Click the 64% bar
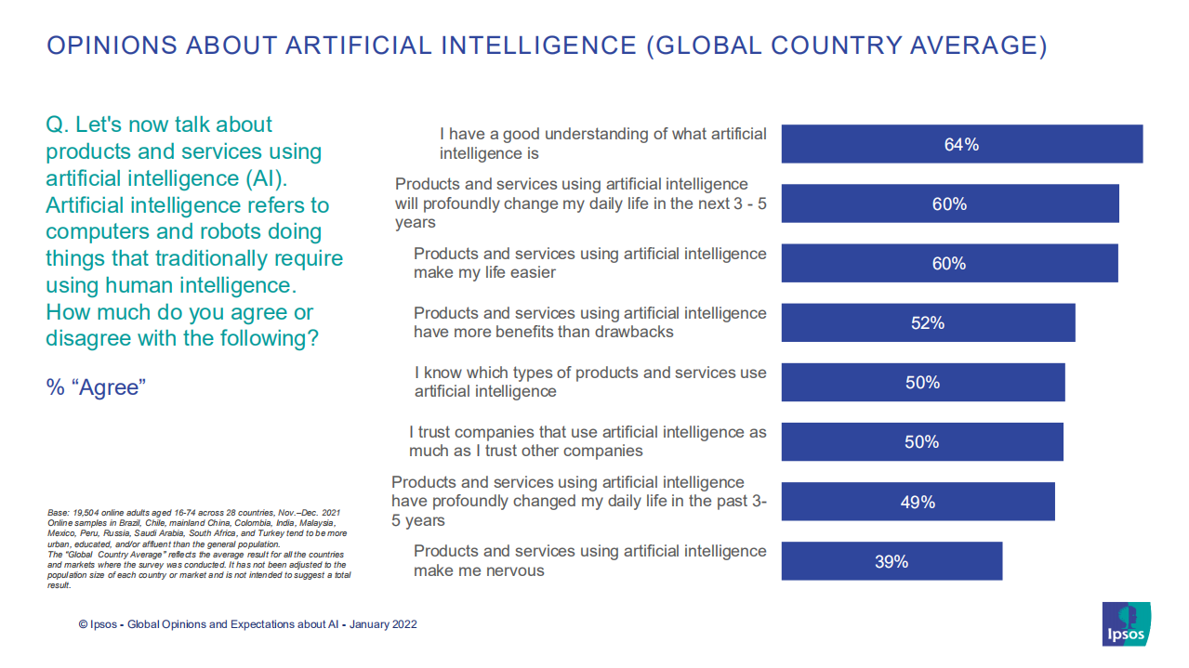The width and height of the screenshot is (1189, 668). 961,144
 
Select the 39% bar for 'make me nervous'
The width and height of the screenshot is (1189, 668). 891,561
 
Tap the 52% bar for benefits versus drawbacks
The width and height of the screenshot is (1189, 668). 927,322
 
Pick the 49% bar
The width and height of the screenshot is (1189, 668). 917,502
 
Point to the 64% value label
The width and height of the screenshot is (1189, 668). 961,145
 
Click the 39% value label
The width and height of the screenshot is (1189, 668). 891,562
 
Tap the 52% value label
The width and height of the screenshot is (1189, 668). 927,323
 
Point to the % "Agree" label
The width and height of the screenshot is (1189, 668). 97,387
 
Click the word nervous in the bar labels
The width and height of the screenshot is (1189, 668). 510,570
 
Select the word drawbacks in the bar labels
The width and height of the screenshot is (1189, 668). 635,332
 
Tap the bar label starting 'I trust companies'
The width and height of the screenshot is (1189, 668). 588,441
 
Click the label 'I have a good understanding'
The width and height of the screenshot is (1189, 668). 602,143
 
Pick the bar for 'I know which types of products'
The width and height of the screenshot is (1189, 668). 922,383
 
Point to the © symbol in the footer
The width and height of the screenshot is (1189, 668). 83,624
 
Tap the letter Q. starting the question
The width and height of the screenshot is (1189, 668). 57,124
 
